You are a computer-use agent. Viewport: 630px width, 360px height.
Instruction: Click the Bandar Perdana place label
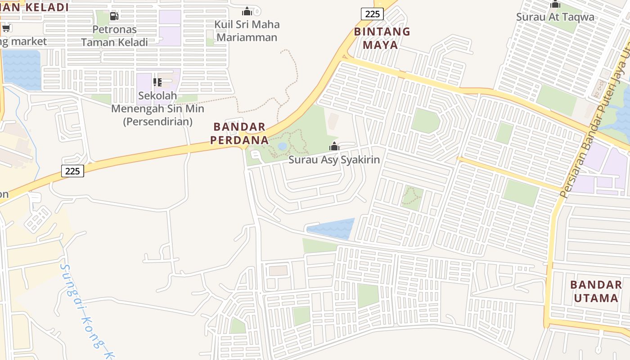(240, 133)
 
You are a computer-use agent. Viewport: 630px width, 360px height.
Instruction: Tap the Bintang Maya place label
(382, 38)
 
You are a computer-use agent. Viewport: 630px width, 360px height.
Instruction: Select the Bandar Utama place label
(596, 291)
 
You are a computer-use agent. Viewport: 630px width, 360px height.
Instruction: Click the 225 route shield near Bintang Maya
(372, 14)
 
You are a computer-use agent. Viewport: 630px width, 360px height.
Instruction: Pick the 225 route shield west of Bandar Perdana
(72, 171)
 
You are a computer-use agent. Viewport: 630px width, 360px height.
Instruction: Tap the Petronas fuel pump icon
(114, 16)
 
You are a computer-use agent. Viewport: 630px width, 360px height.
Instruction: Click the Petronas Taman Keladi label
(114, 36)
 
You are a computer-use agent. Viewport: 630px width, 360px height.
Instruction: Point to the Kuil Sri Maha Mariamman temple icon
(247, 11)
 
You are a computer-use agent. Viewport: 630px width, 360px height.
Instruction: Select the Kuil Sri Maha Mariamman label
(247, 31)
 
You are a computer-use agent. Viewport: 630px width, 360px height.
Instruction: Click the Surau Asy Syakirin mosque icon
(334, 146)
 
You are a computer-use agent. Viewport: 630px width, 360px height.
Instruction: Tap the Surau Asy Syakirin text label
(334, 160)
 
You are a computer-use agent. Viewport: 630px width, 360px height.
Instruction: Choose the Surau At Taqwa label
(555, 17)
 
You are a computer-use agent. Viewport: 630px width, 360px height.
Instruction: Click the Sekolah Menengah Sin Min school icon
(157, 82)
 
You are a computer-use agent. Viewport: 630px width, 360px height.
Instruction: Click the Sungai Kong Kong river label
(85, 310)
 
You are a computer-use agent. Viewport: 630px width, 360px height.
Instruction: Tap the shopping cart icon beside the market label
(6, 29)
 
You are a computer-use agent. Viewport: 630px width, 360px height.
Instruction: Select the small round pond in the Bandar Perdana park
(283, 146)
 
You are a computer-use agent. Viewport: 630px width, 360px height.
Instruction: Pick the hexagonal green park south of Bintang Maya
(425, 121)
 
